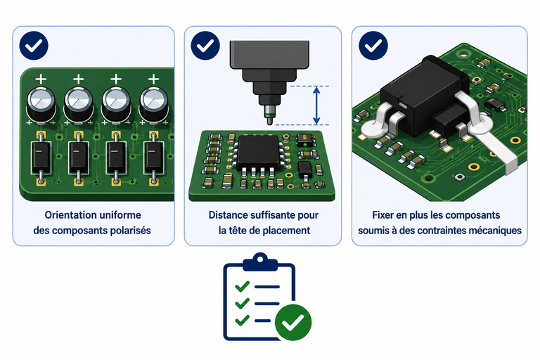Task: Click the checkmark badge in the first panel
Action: coord(34,46)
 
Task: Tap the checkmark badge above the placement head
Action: coord(205,46)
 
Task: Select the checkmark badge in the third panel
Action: coord(373,46)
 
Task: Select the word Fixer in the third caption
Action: coord(383,215)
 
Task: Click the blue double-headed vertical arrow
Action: coord(316,105)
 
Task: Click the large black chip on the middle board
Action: coord(257,153)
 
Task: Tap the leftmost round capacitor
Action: coord(41,103)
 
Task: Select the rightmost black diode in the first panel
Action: coord(153,157)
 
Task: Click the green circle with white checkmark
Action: coord(293,323)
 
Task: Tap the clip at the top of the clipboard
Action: coord(260,262)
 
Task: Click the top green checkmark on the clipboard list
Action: coord(242,286)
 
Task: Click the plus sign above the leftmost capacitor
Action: coord(41,79)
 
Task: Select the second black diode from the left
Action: coord(79,157)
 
